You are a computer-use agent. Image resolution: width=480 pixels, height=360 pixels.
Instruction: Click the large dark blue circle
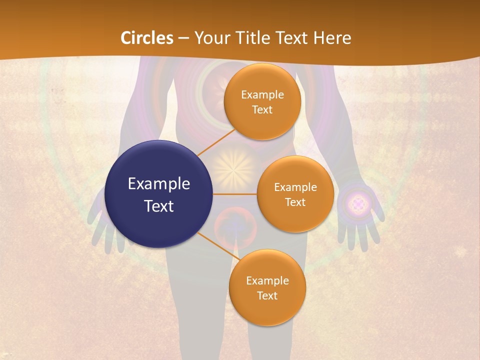(x=159, y=194)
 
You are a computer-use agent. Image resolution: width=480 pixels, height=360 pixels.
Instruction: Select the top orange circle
(x=262, y=101)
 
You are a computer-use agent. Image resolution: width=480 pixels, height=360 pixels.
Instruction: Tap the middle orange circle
(x=295, y=194)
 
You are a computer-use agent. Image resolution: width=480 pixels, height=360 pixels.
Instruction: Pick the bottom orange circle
(x=267, y=287)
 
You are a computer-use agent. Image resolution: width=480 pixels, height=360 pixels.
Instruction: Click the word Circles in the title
(x=146, y=38)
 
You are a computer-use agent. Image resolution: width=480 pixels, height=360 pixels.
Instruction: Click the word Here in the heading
(x=332, y=38)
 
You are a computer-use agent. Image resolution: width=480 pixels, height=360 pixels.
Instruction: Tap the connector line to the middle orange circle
(x=235, y=194)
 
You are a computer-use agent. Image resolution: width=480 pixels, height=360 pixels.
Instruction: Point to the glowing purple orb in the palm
(x=358, y=203)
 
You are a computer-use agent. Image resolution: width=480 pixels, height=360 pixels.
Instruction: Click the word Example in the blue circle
(x=159, y=184)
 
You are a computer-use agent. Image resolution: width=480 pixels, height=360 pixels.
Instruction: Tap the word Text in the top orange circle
(x=262, y=109)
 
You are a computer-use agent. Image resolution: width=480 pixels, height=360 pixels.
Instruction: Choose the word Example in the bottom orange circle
(x=267, y=280)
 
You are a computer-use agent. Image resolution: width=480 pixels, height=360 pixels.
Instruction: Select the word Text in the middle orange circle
(x=295, y=202)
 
